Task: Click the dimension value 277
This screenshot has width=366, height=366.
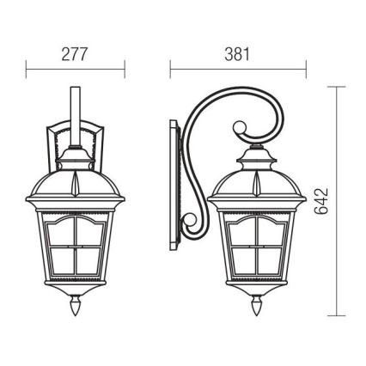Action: click(x=76, y=54)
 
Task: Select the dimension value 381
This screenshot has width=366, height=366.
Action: click(x=236, y=54)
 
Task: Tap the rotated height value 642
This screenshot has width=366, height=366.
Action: click(x=323, y=202)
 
